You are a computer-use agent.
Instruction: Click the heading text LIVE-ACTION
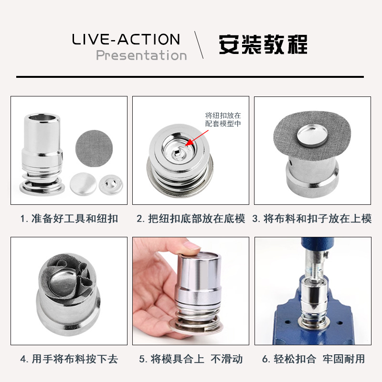pyautogui.click(x=126, y=39)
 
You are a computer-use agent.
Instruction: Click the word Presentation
pyautogui.click(x=141, y=55)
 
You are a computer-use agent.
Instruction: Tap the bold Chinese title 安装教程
pyautogui.click(x=263, y=44)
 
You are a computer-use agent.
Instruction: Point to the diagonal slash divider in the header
pyautogui.click(x=199, y=45)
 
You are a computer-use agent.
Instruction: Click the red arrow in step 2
pyautogui.click(x=197, y=138)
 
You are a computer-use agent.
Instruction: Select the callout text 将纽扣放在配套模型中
pyautogui.click(x=223, y=119)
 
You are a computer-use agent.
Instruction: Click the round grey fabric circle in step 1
pyautogui.click(x=94, y=149)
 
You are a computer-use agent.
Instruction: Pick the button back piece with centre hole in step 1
pyautogui.click(x=111, y=184)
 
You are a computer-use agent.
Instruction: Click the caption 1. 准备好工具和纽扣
pyautogui.click(x=69, y=219)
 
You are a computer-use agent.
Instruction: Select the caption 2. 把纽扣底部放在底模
pyautogui.click(x=191, y=219)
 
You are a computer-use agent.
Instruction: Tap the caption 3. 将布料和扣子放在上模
pyautogui.click(x=312, y=219)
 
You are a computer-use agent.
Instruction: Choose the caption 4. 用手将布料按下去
pyautogui.click(x=69, y=359)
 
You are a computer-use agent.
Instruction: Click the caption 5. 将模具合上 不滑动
pyautogui.click(x=191, y=359)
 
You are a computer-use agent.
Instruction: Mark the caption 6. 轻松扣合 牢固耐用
pyautogui.click(x=313, y=359)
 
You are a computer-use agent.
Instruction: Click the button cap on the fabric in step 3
pyautogui.click(x=313, y=137)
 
